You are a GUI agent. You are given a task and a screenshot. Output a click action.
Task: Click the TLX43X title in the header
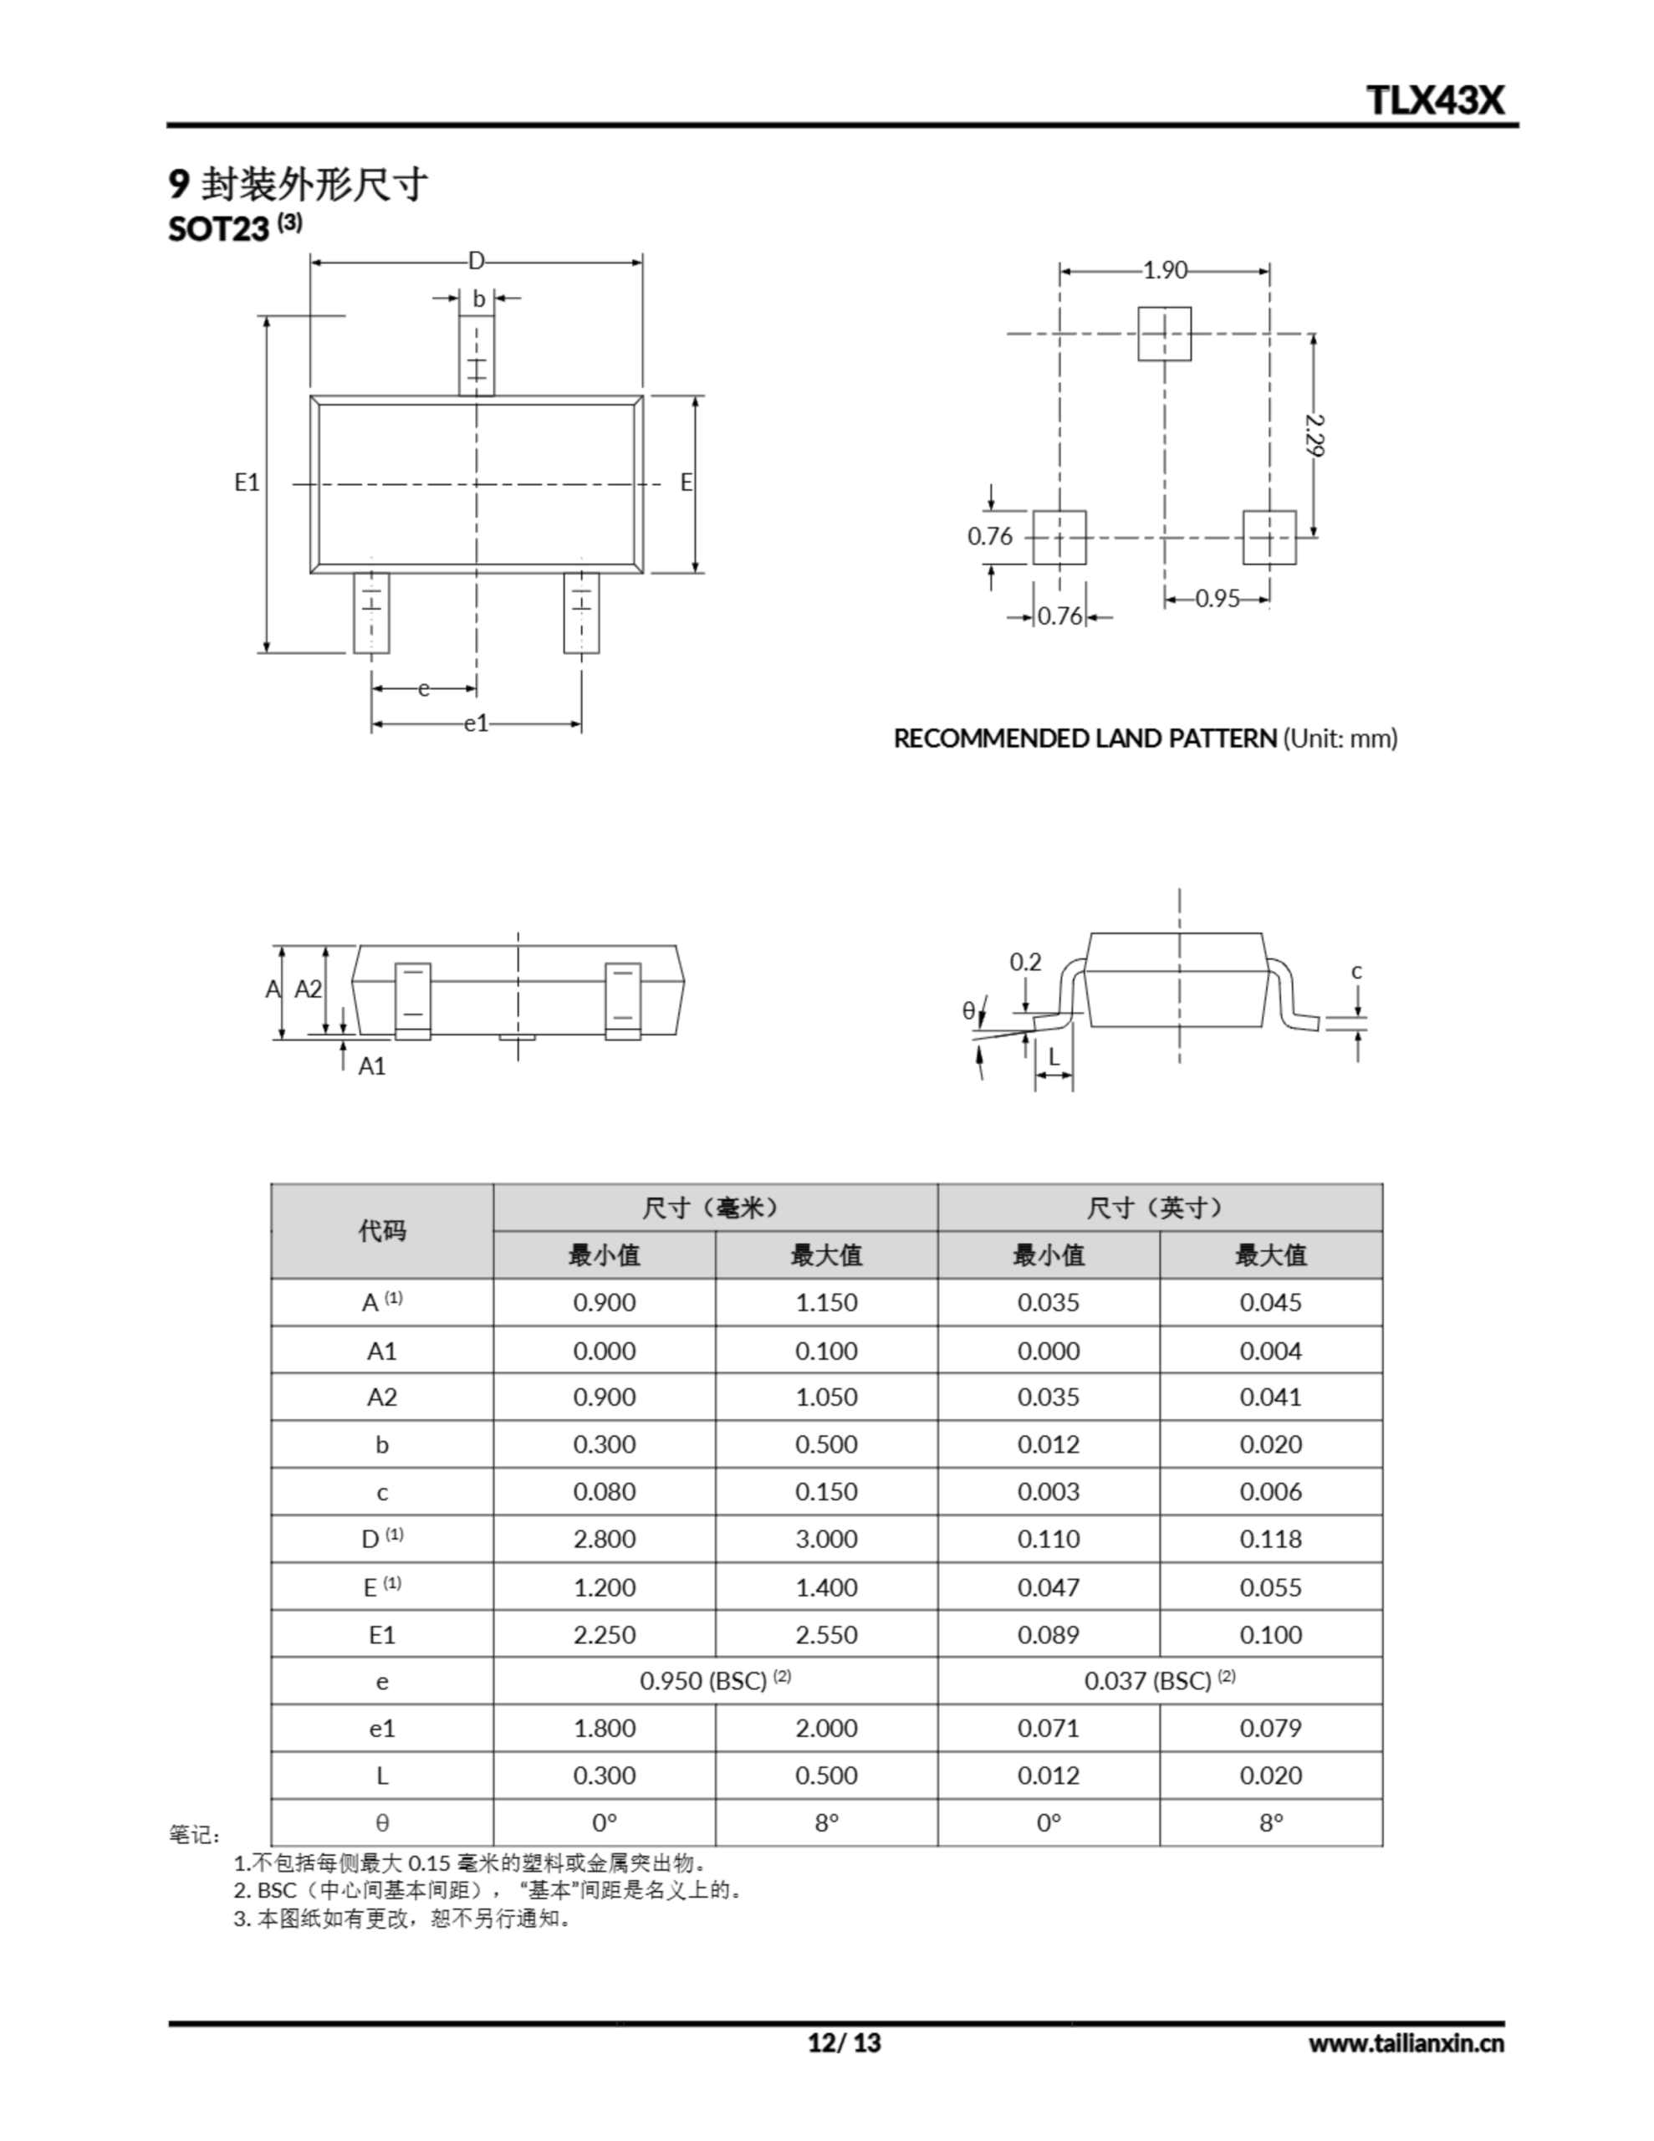point(1434,100)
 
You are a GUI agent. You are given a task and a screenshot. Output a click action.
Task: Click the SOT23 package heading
point(218,228)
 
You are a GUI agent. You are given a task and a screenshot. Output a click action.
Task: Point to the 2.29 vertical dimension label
point(1315,434)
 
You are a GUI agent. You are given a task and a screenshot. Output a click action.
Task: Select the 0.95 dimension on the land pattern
point(1217,598)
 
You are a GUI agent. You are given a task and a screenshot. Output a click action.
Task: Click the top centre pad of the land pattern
point(1165,334)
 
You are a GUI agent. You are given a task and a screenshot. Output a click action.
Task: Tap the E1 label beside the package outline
point(246,482)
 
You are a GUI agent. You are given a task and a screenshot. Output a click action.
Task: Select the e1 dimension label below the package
point(476,723)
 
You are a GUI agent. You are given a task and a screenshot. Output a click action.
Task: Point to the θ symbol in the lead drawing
point(968,1010)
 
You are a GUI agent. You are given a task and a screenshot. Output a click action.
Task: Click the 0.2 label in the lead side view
point(1025,963)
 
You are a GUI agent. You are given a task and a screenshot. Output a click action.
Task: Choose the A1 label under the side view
point(371,1066)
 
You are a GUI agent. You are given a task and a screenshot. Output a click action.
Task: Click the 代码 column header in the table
point(381,1230)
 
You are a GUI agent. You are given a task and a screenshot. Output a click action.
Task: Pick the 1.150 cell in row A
point(825,1303)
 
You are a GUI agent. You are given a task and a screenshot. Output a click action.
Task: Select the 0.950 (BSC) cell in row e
point(715,1681)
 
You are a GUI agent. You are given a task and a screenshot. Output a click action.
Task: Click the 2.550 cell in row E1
point(825,1634)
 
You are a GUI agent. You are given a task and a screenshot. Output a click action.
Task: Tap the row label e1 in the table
point(381,1729)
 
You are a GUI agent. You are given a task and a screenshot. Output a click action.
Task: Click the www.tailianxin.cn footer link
point(1405,2043)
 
